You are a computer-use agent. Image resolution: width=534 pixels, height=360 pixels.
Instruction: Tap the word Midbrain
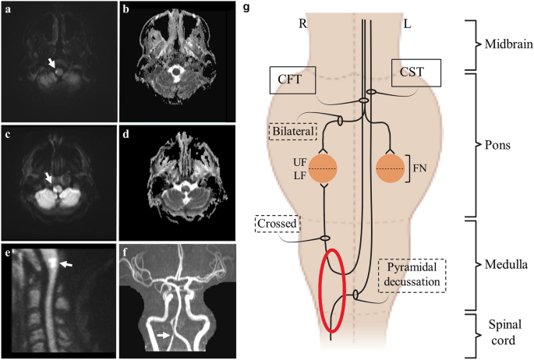[505, 45]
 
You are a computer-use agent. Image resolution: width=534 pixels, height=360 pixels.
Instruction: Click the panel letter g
[247, 9]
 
